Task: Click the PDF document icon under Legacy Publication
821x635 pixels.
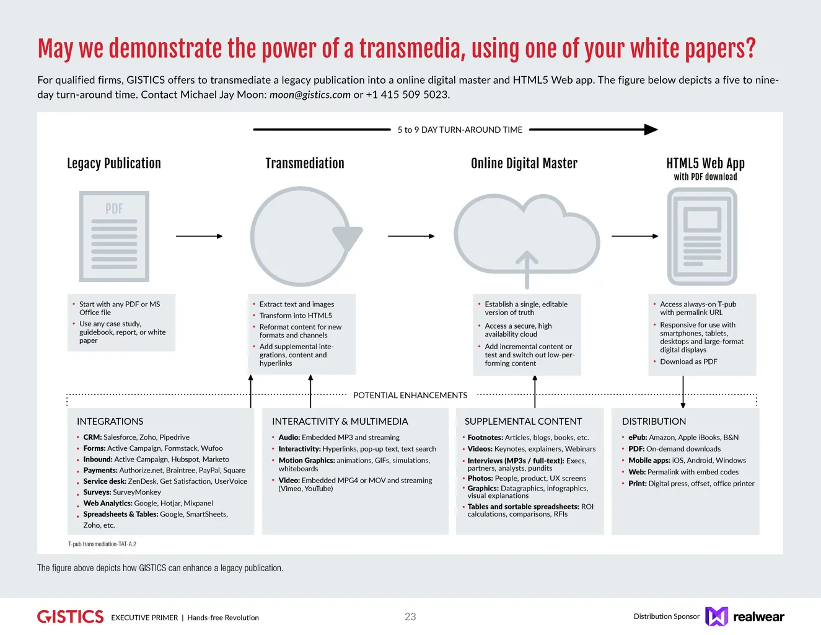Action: click(x=114, y=236)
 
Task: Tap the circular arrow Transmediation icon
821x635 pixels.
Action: click(x=302, y=236)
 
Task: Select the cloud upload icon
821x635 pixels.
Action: click(x=527, y=239)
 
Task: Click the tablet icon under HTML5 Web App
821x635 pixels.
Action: click(x=702, y=236)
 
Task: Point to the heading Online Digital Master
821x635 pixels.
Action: click(x=524, y=164)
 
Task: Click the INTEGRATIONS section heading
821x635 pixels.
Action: click(x=110, y=421)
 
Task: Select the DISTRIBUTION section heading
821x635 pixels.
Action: click(x=654, y=421)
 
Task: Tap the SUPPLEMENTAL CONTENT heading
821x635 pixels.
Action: click(x=523, y=421)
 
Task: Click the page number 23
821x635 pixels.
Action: click(x=410, y=616)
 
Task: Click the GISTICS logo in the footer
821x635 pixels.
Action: click(x=70, y=616)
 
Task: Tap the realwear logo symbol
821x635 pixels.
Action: click(x=716, y=616)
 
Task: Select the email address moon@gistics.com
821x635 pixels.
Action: click(x=310, y=95)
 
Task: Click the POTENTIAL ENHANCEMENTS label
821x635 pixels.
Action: click(x=410, y=395)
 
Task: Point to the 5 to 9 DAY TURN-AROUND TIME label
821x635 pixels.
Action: click(x=460, y=130)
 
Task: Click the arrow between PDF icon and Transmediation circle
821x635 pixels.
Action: click(x=199, y=236)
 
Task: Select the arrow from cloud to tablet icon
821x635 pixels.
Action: click(x=634, y=236)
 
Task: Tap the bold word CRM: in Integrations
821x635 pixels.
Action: click(x=92, y=437)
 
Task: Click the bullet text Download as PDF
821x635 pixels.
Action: click(x=688, y=362)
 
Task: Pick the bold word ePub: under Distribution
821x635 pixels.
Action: click(x=638, y=437)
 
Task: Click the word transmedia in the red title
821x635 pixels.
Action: click(x=412, y=48)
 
